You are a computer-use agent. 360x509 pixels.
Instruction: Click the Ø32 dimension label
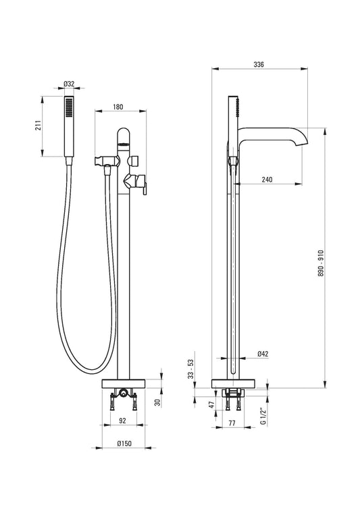pos(69,84)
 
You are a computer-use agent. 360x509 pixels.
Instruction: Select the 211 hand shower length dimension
pos(38,126)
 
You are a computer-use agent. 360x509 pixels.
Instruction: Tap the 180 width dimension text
pos(118,107)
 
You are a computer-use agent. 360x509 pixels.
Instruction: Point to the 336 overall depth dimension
pos(259,64)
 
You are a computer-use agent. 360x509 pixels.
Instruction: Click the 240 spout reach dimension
pos(267,180)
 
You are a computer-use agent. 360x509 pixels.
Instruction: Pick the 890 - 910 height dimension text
pos(321,263)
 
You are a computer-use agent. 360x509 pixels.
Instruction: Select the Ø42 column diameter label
pos(263,354)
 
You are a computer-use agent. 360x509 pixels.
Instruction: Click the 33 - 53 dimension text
pos(190,369)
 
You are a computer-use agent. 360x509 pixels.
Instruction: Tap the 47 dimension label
pos(211,404)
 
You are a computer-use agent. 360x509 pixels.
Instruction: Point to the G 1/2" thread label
pos(263,417)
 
